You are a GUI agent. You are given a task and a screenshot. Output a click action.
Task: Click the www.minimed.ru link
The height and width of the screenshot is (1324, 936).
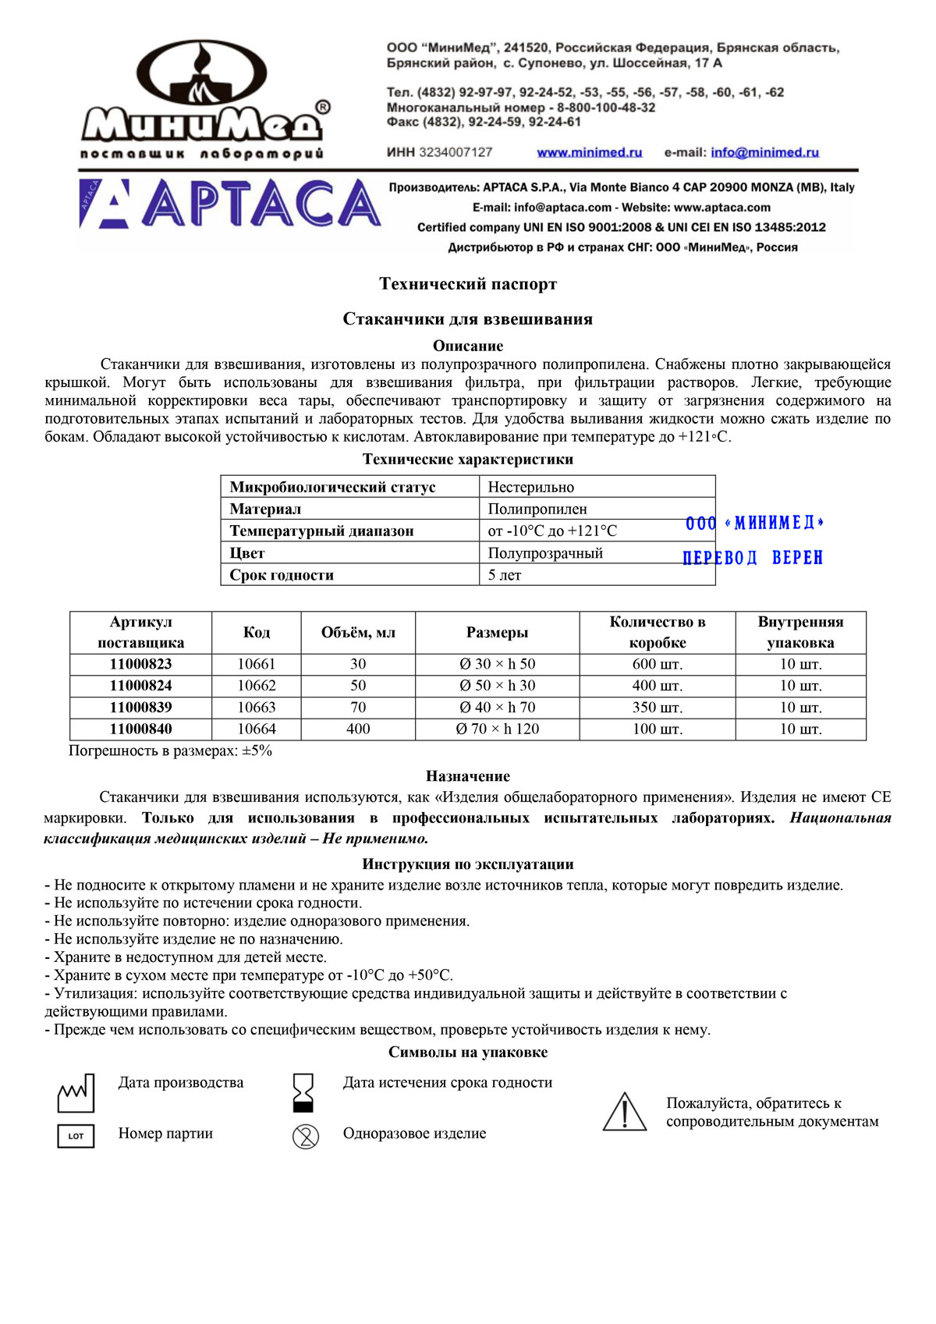click(x=589, y=153)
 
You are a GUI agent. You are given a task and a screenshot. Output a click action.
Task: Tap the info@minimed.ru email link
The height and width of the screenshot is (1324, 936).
click(x=764, y=153)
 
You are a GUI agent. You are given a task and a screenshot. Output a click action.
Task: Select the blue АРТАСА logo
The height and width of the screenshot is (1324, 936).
click(x=230, y=204)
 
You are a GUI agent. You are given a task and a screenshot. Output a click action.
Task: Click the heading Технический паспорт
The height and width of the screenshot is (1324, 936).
click(x=468, y=284)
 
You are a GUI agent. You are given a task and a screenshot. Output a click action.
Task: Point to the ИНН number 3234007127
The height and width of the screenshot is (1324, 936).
click(x=456, y=152)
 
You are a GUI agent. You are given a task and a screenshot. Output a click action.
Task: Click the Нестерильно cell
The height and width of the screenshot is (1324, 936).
click(x=531, y=487)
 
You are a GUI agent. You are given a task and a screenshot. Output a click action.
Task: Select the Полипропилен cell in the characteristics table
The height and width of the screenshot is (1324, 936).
click(x=537, y=509)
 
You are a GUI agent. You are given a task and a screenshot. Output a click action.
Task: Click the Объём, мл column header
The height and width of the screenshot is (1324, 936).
click(x=358, y=633)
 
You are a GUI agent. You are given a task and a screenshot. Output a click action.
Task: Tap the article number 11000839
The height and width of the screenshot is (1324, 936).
click(x=140, y=708)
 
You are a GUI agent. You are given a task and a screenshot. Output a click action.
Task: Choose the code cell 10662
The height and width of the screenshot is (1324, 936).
click(x=257, y=686)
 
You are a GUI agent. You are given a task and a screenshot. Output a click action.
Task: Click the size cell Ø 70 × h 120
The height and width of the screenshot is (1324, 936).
click(x=498, y=729)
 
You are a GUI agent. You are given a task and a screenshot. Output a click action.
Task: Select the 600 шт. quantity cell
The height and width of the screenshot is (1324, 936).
click(x=657, y=665)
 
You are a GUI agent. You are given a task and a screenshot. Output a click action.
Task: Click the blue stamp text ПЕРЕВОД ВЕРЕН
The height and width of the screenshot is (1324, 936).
click(x=753, y=558)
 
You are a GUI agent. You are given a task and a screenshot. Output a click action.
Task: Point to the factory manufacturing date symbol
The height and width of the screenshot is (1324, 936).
click(x=76, y=1092)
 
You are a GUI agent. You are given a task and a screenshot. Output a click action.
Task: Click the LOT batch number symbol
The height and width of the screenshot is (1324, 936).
click(x=76, y=1136)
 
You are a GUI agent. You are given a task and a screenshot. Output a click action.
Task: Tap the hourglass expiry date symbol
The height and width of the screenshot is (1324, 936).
click(x=303, y=1092)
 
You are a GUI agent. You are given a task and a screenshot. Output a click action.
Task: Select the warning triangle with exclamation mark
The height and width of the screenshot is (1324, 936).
click(x=625, y=1112)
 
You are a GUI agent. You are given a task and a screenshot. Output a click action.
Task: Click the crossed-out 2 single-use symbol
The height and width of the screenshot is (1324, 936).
click(x=305, y=1136)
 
